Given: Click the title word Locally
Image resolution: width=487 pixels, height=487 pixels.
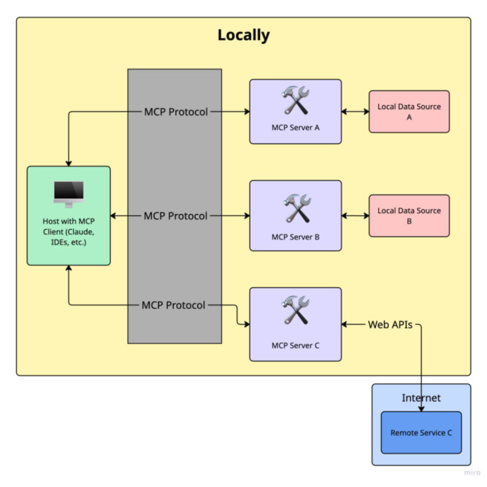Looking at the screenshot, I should (x=243, y=35).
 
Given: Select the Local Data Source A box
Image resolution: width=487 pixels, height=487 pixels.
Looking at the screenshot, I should (x=409, y=112).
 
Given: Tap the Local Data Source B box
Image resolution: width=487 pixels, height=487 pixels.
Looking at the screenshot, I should (x=409, y=215).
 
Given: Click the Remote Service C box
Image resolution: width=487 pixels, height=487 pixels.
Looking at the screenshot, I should (x=421, y=432).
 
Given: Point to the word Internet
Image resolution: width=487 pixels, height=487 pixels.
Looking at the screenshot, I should (x=421, y=398).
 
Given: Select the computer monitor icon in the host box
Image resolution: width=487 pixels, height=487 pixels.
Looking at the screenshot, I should (x=69, y=193).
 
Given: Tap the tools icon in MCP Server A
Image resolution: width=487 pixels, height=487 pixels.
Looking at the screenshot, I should (x=296, y=101).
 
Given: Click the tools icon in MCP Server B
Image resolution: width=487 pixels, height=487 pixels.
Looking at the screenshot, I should (x=296, y=208).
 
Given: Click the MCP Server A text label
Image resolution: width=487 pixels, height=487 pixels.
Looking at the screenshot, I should (x=296, y=127).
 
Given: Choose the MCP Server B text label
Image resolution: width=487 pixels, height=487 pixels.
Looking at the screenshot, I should (x=296, y=237).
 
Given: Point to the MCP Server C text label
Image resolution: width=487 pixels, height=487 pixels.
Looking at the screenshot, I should (x=296, y=345).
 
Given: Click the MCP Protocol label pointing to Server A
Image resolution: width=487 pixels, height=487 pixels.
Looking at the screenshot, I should (x=175, y=112).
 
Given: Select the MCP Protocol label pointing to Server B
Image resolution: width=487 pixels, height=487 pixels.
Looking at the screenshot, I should (x=175, y=215).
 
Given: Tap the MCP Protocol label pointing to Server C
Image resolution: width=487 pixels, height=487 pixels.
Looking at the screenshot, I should (x=174, y=304).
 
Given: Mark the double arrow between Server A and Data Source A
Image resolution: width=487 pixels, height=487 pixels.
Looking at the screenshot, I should (x=355, y=112).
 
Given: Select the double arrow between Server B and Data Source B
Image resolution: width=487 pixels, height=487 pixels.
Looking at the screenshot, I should (x=355, y=215).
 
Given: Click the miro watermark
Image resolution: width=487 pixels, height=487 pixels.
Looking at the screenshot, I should (x=472, y=472).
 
